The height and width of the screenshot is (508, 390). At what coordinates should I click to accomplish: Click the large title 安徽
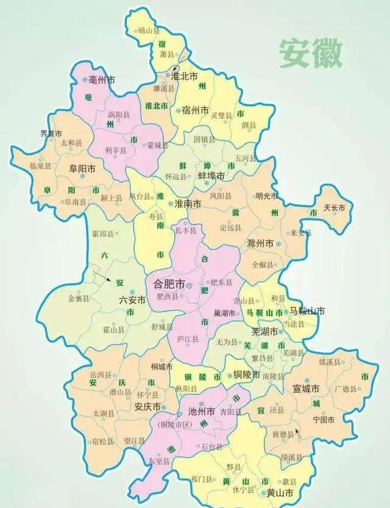(x=311, y=54)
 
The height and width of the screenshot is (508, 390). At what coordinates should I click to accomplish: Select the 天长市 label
(x=335, y=208)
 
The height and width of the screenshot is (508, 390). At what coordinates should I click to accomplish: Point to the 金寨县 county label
(x=79, y=298)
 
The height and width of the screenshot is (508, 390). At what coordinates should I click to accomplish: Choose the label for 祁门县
(x=202, y=478)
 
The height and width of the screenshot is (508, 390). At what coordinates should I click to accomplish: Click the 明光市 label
(x=267, y=196)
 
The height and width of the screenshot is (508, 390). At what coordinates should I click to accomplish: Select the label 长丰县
(x=186, y=231)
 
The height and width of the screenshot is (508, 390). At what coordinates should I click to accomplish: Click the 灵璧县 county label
(x=221, y=116)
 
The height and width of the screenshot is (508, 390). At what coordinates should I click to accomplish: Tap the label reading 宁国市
(x=323, y=420)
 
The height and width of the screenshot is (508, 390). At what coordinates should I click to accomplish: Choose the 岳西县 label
(x=100, y=374)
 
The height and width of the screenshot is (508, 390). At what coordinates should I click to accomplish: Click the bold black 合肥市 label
(x=166, y=284)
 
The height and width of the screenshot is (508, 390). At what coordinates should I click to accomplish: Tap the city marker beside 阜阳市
(x=82, y=176)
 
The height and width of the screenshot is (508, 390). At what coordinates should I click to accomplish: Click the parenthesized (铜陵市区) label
(x=175, y=423)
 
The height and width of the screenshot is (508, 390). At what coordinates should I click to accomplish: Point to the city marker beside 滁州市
(x=278, y=243)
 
